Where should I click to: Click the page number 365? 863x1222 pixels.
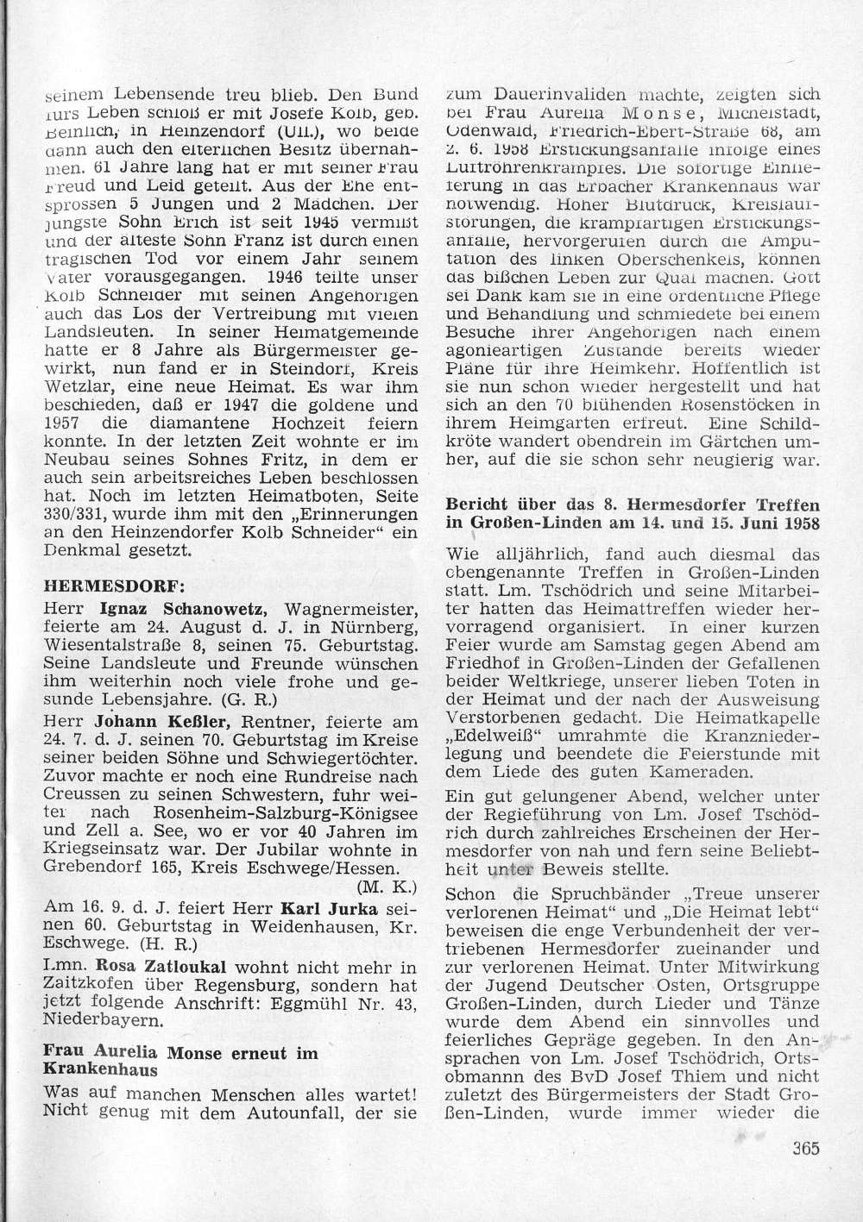tap(802, 1148)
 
